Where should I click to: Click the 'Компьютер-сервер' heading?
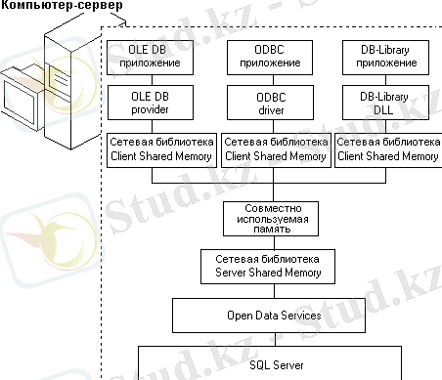[62, 5]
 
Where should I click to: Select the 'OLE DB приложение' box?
[150, 58]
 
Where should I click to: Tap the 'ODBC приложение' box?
[270, 58]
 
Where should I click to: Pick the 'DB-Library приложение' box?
[385, 58]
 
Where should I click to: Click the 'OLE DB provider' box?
[151, 103]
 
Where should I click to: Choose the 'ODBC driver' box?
[270, 103]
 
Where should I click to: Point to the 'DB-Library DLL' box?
[385, 103]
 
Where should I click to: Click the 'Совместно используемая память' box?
[271, 219]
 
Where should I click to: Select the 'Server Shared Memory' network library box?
[268, 267]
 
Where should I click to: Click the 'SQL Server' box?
[270, 362]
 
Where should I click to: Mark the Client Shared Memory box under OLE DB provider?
[161, 150]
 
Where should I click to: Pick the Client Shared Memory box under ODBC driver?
[276, 150]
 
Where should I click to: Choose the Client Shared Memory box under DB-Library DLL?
[388, 150]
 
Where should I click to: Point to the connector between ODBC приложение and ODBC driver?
[273, 80]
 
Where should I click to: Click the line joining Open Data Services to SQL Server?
[275, 339]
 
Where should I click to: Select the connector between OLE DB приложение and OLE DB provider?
[152, 80]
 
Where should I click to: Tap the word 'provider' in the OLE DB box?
[150, 109]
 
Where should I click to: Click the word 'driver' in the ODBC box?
[271, 110]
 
